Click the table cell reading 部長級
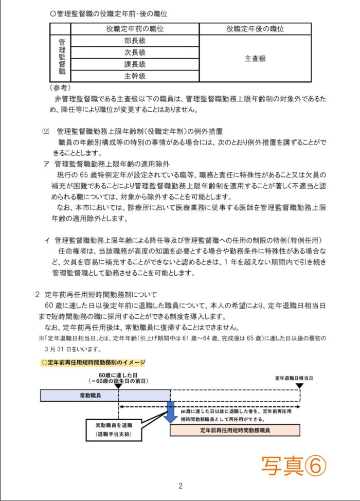[x=135, y=41]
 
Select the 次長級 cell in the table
[x=135, y=52]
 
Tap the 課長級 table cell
[x=135, y=64]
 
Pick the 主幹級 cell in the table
[x=135, y=76]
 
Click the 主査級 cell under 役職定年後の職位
[x=255, y=59]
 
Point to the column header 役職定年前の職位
[x=135, y=29]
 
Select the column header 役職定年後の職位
[x=255, y=29]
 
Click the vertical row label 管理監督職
[x=62, y=59]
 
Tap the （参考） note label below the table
[x=61, y=88]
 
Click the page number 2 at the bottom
[x=181, y=486]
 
